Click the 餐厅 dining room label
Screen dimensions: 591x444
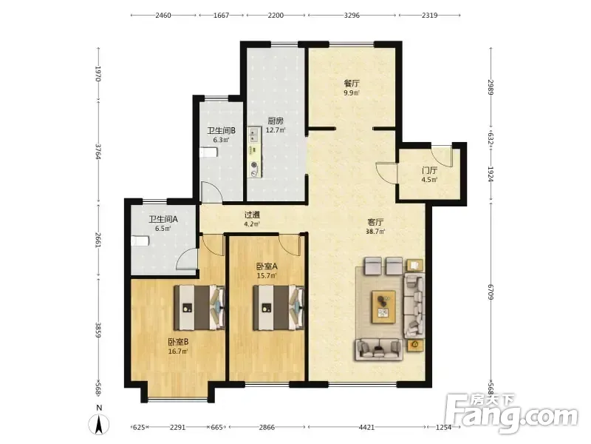click(352, 83)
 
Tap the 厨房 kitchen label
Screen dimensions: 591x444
click(276, 121)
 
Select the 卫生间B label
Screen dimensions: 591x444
click(221, 131)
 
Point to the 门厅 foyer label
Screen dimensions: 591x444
click(429, 170)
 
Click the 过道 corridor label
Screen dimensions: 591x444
click(252, 215)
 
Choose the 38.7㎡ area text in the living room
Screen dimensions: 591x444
click(376, 232)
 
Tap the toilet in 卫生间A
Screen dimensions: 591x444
click(140, 241)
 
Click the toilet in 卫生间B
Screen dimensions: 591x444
click(208, 152)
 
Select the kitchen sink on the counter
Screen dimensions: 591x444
click(254, 135)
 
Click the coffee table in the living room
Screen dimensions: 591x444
click(383, 306)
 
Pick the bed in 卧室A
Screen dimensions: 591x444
click(279, 308)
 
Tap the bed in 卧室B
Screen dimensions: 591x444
click(199, 308)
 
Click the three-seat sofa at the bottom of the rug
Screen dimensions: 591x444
click(378, 349)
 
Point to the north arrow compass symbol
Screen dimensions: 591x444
click(99, 424)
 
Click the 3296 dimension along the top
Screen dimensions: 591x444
click(352, 16)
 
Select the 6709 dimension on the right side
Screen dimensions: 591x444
click(491, 292)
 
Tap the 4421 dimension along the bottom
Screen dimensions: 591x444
click(366, 427)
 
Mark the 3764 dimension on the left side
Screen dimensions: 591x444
click(98, 151)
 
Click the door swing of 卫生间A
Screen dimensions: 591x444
click(186, 259)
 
